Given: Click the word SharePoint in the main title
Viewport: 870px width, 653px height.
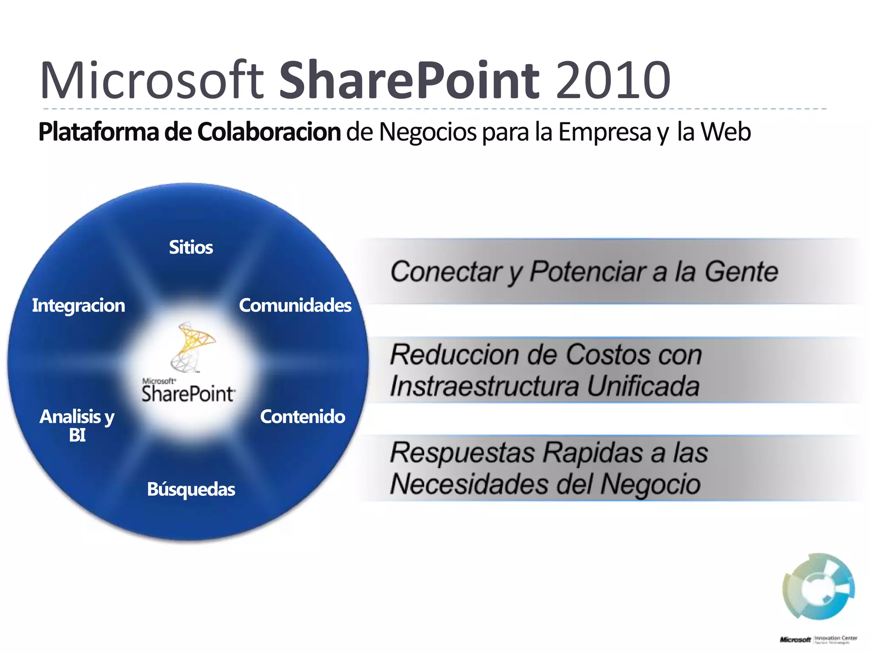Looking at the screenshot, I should (409, 80).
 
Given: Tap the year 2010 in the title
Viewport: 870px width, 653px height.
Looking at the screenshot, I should (613, 80).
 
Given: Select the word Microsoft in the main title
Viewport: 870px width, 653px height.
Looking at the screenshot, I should (152, 80).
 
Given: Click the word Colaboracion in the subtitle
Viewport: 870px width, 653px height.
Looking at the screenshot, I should (268, 132).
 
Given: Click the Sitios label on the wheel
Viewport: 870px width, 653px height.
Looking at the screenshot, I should (191, 247).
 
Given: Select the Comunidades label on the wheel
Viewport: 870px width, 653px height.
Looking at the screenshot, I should (295, 305).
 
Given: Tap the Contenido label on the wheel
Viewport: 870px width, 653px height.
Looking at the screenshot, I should (302, 417).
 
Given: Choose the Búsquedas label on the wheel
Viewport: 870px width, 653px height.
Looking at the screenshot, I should (191, 489).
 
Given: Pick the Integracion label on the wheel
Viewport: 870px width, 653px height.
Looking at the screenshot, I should (79, 305).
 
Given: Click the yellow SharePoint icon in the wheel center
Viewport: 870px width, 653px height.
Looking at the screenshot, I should (193, 346).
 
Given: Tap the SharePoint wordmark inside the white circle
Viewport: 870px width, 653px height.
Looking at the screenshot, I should (188, 393).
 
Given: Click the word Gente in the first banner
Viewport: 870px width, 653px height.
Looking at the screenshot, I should (741, 272).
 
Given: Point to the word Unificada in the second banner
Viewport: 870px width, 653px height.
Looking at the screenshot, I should (643, 386).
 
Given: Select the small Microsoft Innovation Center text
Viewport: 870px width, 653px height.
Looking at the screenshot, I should (818, 639).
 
